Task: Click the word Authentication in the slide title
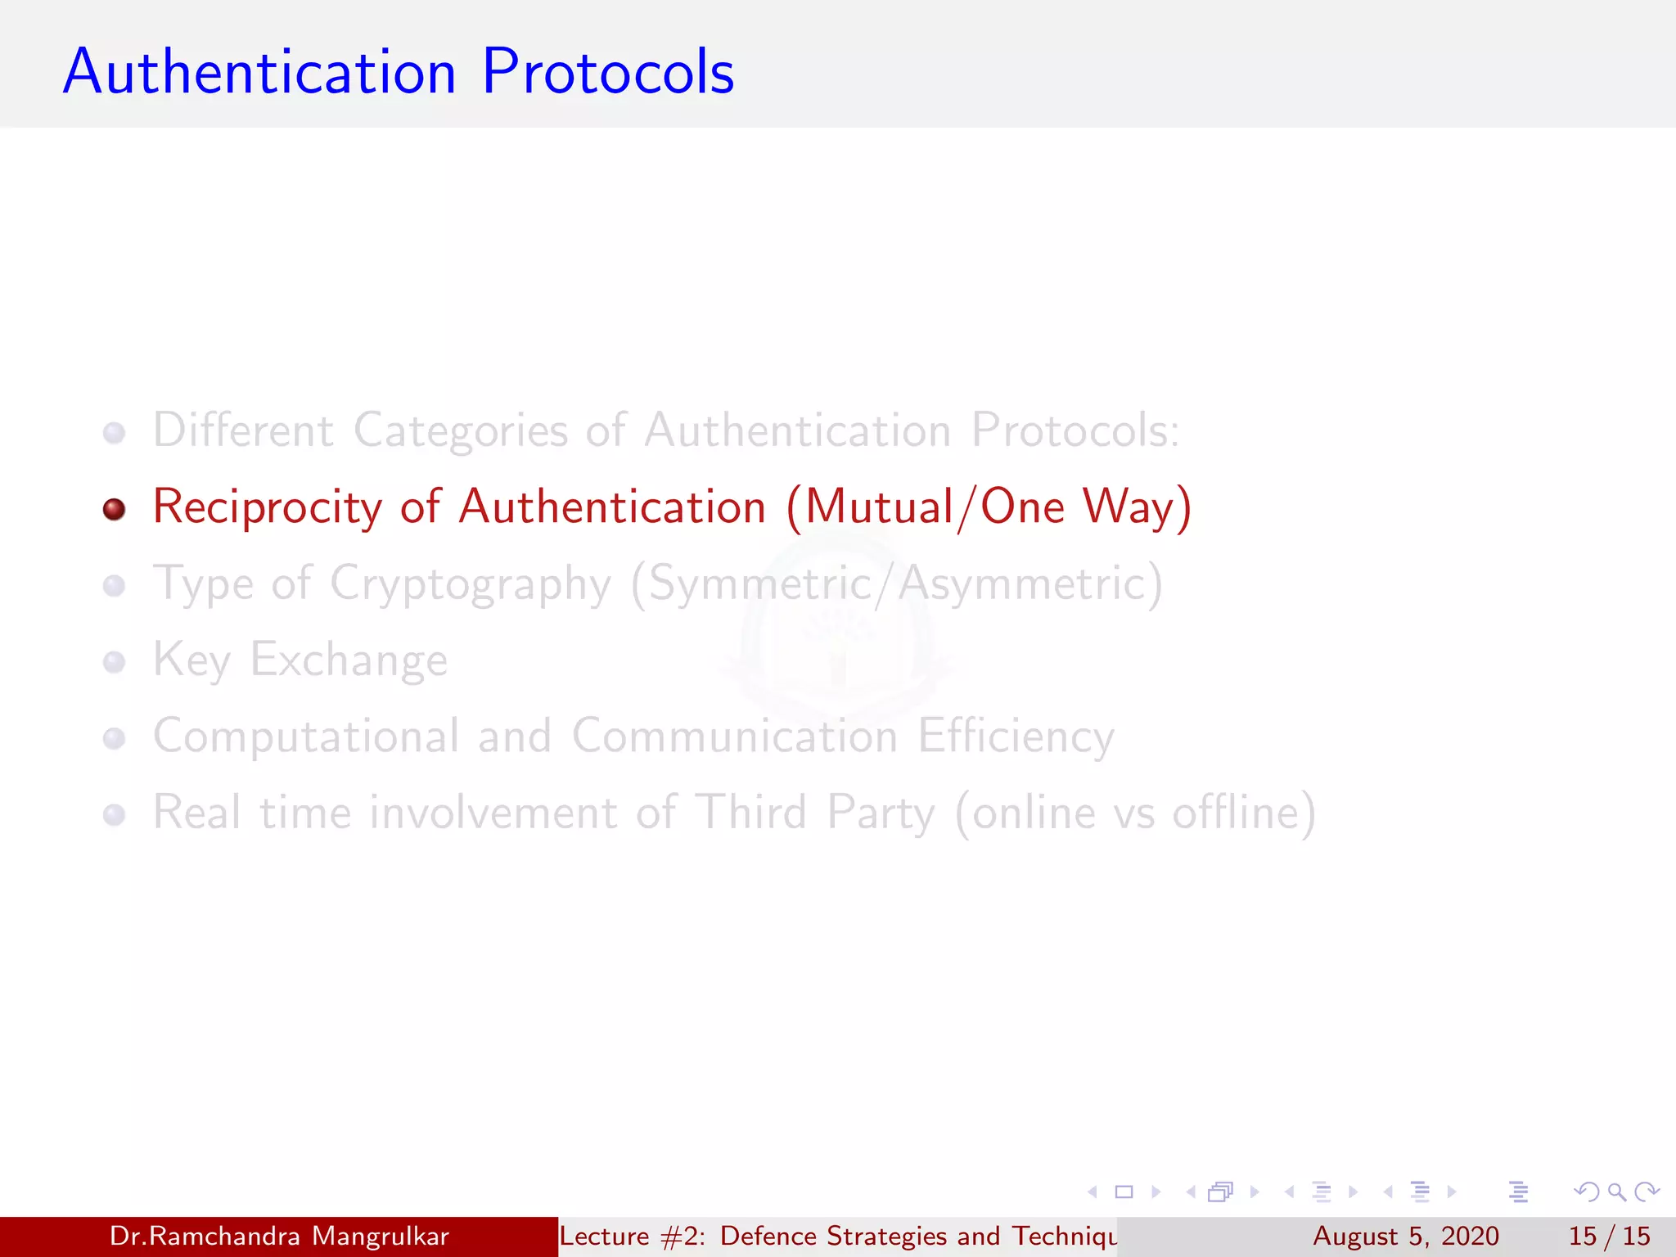pyautogui.click(x=259, y=72)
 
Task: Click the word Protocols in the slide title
pyautogui.click(x=608, y=72)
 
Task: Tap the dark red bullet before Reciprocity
pyautogui.click(x=115, y=509)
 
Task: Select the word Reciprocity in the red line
pyautogui.click(x=268, y=507)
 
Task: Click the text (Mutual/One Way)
pyautogui.click(x=989, y=507)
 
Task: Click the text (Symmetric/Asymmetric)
pyautogui.click(x=897, y=584)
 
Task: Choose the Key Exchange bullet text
pyautogui.click(x=300, y=660)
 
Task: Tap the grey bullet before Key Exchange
pyautogui.click(x=115, y=662)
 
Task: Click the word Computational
pyautogui.click(x=306, y=737)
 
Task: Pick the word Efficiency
pyautogui.click(x=1016, y=737)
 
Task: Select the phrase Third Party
pyautogui.click(x=815, y=813)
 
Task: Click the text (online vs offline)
pyautogui.click(x=1136, y=813)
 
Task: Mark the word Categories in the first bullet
pyautogui.click(x=461, y=430)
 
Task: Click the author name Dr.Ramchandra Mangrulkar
pyautogui.click(x=279, y=1236)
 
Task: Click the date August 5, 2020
pyautogui.click(x=1406, y=1236)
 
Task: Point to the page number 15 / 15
pyautogui.click(x=1609, y=1236)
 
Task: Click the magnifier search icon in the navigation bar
pyautogui.click(x=1616, y=1192)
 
